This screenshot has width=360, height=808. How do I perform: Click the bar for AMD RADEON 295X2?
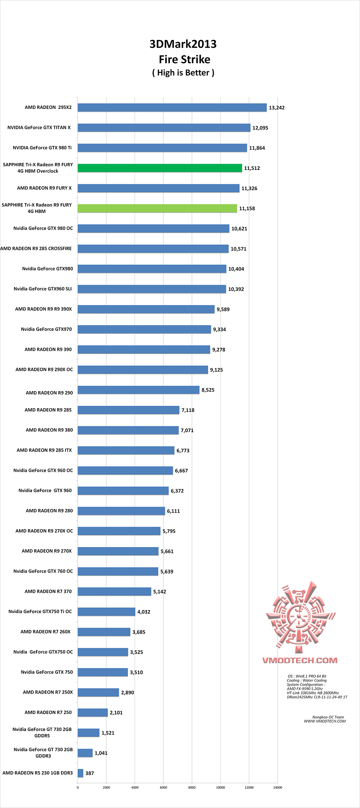[x=172, y=108]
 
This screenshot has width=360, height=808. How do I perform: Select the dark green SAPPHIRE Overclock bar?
[x=160, y=168]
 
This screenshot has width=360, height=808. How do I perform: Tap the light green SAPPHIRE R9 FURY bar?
[x=157, y=209]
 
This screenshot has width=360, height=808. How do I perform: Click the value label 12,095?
[x=260, y=128]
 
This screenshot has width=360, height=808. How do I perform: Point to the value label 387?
[x=90, y=773]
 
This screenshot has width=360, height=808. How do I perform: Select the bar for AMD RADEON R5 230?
[x=80, y=773]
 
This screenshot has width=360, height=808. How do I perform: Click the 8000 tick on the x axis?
[x=192, y=788]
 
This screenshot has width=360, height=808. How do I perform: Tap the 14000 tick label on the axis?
[x=278, y=788]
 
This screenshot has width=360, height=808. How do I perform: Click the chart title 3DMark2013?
[x=183, y=44]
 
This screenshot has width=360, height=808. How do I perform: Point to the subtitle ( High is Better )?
[x=183, y=73]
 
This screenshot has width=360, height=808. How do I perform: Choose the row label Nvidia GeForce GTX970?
[x=46, y=329]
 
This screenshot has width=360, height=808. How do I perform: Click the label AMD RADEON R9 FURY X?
[x=44, y=188]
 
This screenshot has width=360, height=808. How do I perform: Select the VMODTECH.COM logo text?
[x=300, y=660]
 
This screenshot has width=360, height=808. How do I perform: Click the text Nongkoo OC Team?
[x=328, y=717]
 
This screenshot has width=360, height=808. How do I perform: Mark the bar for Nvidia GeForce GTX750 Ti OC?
[x=106, y=612]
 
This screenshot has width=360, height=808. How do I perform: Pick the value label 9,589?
[x=223, y=310]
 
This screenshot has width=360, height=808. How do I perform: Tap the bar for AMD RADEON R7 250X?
[x=98, y=692]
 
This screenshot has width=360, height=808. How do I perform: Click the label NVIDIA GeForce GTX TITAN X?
[x=39, y=128]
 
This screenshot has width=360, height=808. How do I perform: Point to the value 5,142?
[x=160, y=592]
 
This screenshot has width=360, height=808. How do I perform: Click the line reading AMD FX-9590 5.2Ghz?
[x=305, y=689]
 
